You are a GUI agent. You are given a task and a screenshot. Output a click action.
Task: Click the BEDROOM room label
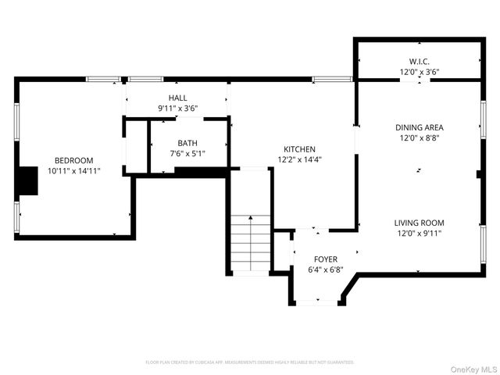click(x=73, y=160)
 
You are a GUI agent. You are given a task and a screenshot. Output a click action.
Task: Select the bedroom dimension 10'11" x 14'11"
click(x=73, y=170)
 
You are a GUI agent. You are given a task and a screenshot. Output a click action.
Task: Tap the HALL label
click(x=177, y=98)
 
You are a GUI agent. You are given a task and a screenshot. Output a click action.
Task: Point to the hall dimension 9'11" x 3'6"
click(x=177, y=109)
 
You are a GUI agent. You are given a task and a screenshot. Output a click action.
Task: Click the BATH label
click(x=187, y=143)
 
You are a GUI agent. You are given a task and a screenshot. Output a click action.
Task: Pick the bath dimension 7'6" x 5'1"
click(x=187, y=153)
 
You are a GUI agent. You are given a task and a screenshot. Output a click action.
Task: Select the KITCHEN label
click(x=299, y=149)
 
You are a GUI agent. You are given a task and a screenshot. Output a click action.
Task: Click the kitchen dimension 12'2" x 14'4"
click(x=299, y=159)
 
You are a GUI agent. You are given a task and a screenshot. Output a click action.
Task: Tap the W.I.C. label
click(x=420, y=62)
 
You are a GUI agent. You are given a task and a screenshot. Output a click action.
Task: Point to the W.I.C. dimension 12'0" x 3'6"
click(x=420, y=72)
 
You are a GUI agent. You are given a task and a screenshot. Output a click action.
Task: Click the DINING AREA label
click(x=420, y=127)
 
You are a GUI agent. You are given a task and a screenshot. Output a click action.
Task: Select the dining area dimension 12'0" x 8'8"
click(x=420, y=137)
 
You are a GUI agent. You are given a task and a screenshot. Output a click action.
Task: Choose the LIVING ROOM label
click(x=419, y=223)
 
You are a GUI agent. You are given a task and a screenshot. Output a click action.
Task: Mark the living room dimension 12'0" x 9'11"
click(x=419, y=233)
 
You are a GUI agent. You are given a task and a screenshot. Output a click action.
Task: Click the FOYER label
click(x=325, y=259)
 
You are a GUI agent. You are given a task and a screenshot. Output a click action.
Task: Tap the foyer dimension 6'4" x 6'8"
click(x=325, y=270)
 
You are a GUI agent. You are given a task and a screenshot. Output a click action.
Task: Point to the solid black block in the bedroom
click(x=28, y=180)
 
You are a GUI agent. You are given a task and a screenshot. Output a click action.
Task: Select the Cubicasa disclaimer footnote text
click(x=250, y=362)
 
